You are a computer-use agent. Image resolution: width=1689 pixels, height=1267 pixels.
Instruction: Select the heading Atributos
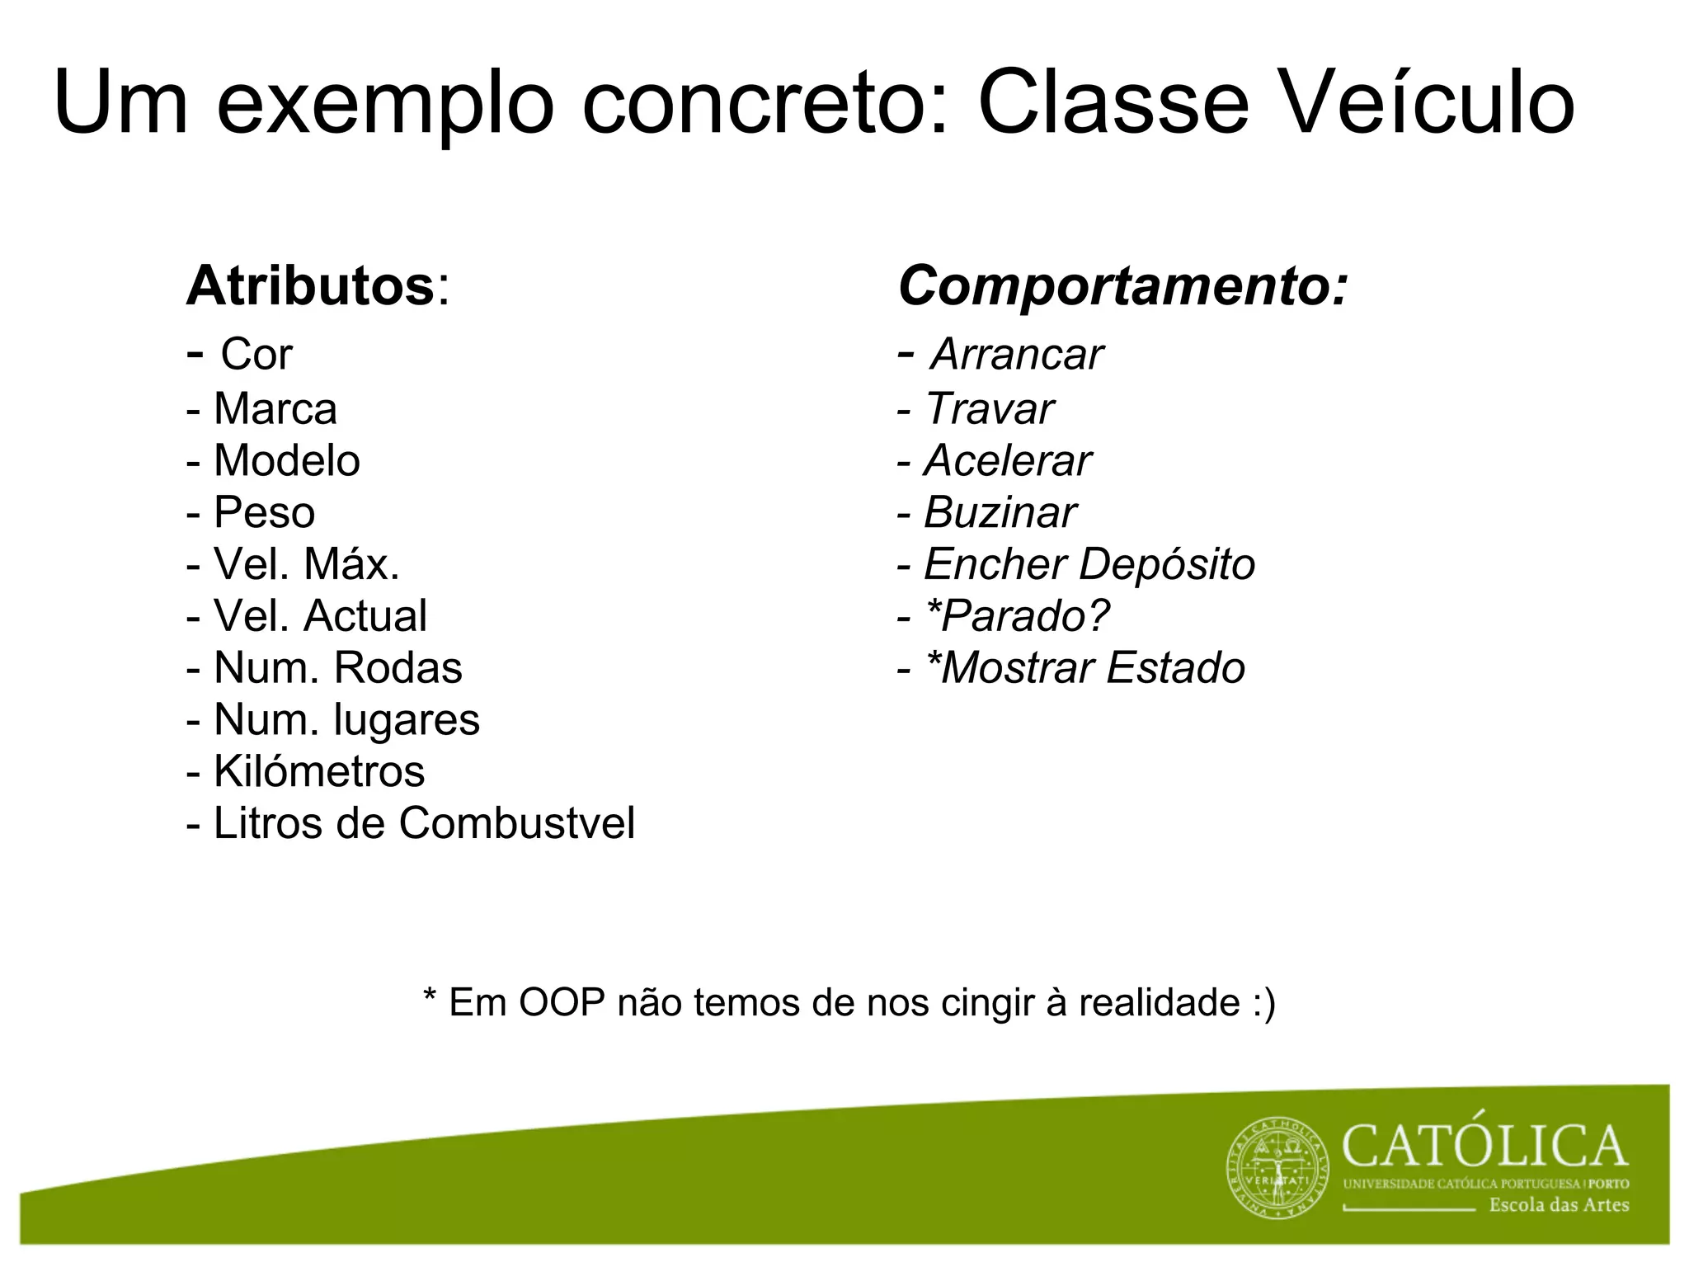point(311,286)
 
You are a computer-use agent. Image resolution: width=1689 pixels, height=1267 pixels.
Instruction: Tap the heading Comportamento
point(1122,286)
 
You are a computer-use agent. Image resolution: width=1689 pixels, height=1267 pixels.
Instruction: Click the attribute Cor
point(256,355)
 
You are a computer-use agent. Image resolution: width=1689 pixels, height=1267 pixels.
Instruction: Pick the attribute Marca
point(275,409)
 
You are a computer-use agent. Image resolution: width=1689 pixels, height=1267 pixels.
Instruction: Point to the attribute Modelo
point(286,461)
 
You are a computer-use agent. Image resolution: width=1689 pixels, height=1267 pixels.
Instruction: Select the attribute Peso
point(264,513)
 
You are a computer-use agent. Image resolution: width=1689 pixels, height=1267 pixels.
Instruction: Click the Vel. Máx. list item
point(305,565)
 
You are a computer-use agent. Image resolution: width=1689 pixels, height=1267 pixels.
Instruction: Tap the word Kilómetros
point(318,772)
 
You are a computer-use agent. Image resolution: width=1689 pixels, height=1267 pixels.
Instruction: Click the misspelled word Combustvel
point(517,823)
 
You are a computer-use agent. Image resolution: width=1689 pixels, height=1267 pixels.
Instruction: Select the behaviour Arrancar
point(1016,355)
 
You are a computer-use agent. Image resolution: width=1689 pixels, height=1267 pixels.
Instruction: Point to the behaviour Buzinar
point(1000,513)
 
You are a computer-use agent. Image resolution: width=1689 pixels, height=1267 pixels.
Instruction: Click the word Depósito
point(1166,565)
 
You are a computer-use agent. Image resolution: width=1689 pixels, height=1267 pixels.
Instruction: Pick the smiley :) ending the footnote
point(1263,1003)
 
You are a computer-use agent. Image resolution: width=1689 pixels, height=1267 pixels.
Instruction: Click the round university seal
point(1277,1168)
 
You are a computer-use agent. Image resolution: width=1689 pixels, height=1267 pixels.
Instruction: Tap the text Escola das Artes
point(1558,1205)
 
